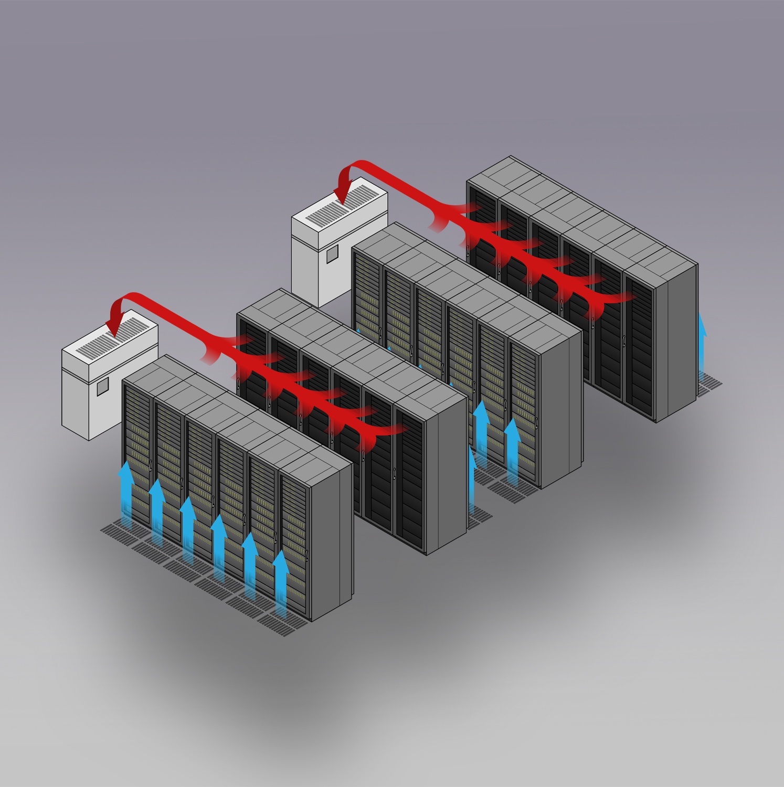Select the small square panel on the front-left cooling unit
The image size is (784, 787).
point(102,387)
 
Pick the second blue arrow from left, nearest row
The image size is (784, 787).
point(157,506)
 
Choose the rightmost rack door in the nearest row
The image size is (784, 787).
point(294,546)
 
